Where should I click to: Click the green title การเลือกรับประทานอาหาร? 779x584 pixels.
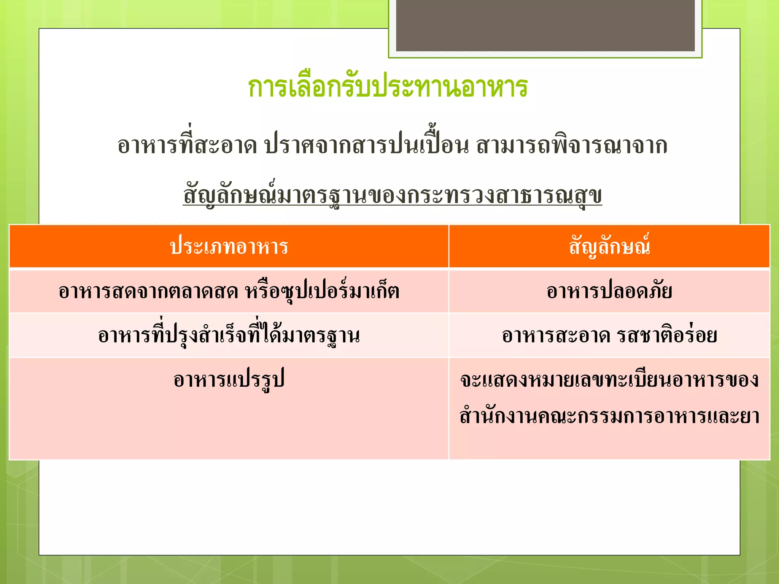tap(388, 87)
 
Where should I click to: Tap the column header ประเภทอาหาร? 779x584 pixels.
tap(229, 247)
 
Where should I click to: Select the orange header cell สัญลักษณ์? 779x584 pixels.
tap(609, 247)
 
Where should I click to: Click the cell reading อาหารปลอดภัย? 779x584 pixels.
tap(609, 291)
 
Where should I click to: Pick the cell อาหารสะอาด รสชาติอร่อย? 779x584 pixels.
tap(609, 335)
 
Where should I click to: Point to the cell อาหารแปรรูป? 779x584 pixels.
tap(229, 380)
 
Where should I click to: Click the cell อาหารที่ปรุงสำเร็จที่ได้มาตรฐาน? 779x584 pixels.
tap(229, 335)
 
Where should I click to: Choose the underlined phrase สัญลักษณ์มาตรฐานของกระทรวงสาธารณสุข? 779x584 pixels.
tap(392, 195)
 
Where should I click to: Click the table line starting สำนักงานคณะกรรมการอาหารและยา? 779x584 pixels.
tap(609, 416)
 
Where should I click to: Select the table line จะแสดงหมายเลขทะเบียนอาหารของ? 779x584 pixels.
tap(609, 380)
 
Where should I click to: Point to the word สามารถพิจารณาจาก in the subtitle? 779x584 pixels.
tap(571, 146)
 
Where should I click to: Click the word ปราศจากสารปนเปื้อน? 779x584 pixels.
tap(366, 146)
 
